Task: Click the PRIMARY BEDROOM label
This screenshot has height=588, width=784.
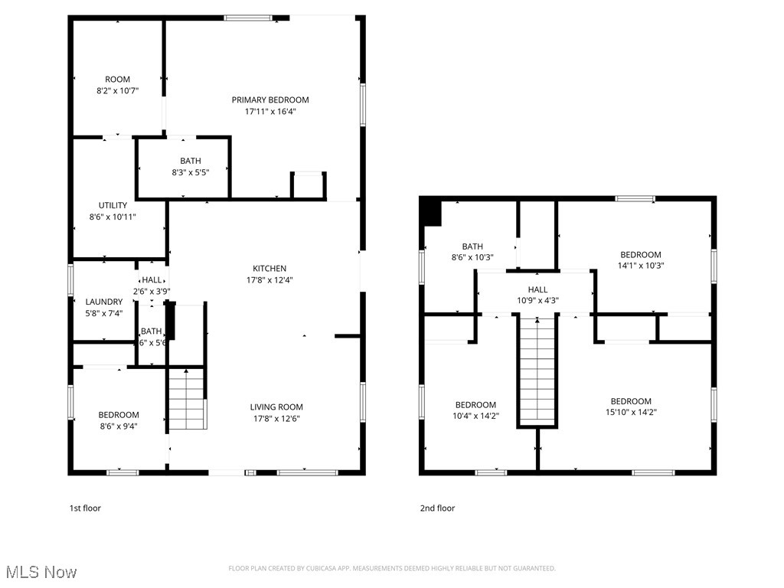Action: tap(270, 100)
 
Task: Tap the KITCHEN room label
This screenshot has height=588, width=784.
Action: tap(269, 269)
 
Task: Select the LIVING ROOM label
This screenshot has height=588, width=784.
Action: tap(276, 407)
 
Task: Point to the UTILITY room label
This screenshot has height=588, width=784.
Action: tap(113, 205)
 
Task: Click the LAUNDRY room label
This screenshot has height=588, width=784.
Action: tap(103, 302)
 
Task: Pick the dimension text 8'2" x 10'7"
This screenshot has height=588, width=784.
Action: tap(117, 91)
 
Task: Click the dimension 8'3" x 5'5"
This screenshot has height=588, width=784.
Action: tap(191, 172)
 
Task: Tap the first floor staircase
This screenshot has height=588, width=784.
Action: tap(188, 400)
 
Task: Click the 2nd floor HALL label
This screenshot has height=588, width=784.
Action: tap(537, 289)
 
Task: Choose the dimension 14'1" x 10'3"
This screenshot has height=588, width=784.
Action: tap(640, 266)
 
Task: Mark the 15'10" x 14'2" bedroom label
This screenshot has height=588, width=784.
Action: tap(631, 401)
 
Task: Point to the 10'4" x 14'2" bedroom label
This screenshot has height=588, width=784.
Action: tap(475, 405)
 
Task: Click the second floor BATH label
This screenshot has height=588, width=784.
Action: tap(472, 247)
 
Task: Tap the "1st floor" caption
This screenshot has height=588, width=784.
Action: tap(85, 508)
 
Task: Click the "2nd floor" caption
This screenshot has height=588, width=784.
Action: tap(437, 508)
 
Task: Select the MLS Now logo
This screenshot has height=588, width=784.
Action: tap(41, 572)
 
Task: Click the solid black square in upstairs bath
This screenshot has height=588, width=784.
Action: tap(433, 213)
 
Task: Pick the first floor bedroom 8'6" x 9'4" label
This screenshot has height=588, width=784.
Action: tap(119, 415)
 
